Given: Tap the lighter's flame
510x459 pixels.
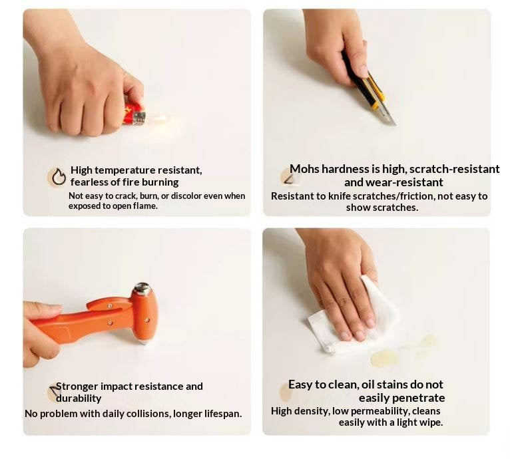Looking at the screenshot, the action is coord(160,118).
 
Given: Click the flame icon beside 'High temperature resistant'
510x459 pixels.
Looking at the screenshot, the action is coord(59,176).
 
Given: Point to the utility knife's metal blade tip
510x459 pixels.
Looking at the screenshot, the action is coord(395,124).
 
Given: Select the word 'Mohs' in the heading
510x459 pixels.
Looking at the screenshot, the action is coord(304,169).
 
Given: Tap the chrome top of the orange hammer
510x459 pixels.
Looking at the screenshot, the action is coord(142,288).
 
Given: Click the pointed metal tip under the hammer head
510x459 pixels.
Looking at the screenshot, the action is coord(144,342).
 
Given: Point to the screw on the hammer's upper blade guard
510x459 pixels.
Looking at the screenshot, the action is coord(111,306).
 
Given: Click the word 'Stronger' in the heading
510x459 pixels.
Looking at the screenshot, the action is coord(77,386).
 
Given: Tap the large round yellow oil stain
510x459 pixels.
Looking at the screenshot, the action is coord(384,359).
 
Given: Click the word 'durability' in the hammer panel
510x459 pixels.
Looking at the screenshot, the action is coord(79,398).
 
